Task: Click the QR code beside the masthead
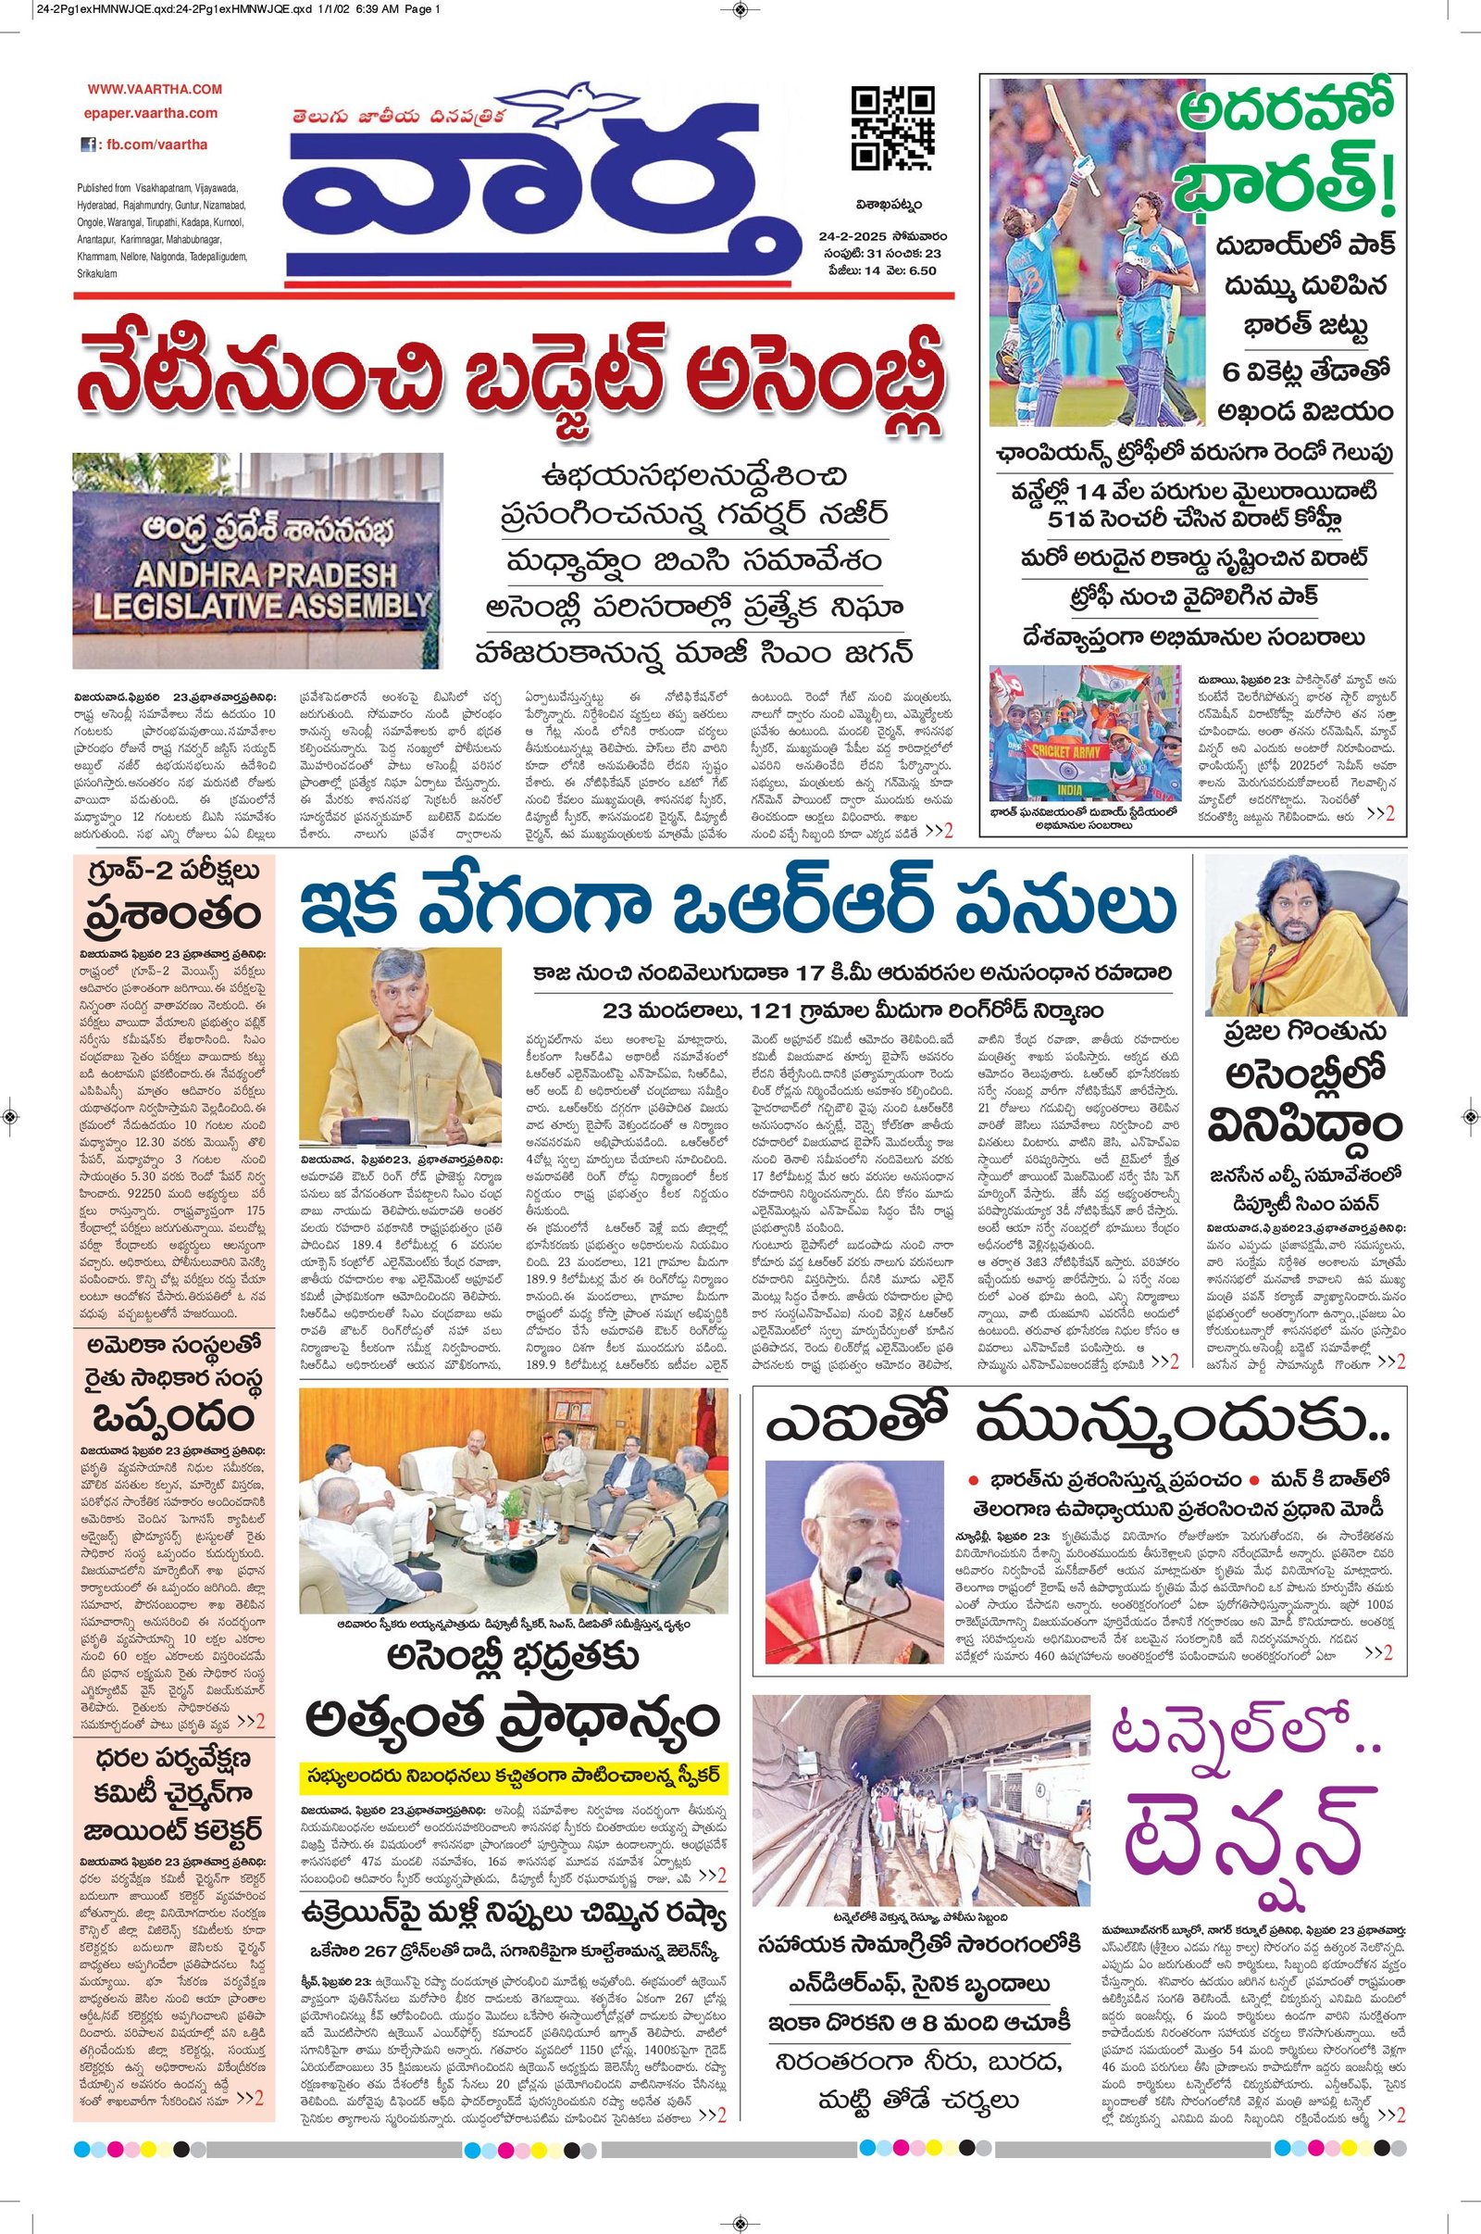892,128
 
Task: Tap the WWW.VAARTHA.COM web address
156,89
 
